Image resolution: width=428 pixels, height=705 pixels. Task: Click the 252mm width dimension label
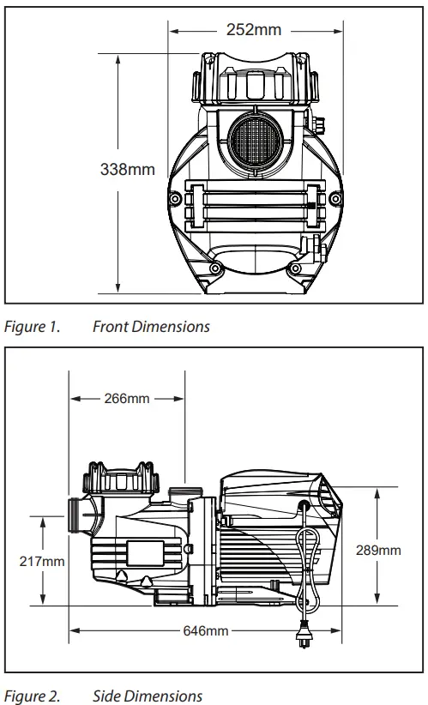point(253,30)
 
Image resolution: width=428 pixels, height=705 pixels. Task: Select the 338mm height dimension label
point(129,170)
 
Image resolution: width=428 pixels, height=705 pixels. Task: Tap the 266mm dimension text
point(127,399)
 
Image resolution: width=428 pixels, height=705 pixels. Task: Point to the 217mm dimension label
point(42,561)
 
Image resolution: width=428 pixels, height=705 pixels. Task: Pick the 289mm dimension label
point(378,550)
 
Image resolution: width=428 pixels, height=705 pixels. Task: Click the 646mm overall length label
point(206,630)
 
